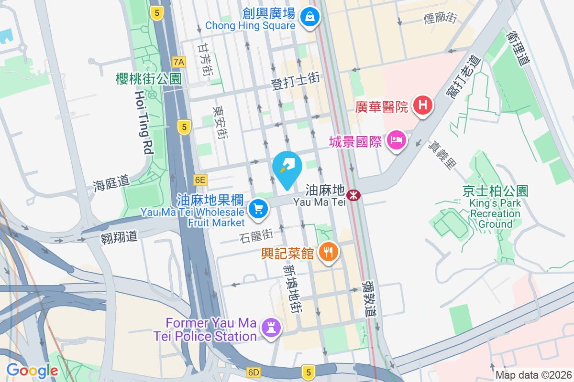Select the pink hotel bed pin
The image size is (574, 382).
397,140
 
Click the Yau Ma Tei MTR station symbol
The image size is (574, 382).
353,195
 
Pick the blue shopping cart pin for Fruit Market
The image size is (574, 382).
259,209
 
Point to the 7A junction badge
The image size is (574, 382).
179,62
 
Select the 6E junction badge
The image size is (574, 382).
200,180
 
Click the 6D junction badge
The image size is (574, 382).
254,372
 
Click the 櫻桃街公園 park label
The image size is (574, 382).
149,79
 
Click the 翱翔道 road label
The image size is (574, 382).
119,236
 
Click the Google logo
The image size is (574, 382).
32,370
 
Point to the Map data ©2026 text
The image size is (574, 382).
533,375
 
